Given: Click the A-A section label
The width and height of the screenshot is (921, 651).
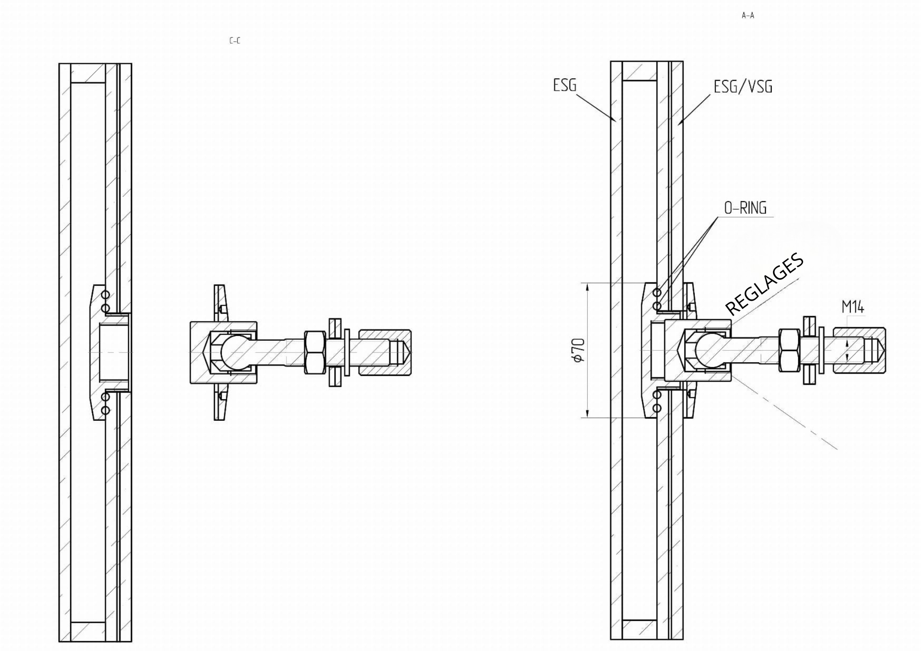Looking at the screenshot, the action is coord(748,16).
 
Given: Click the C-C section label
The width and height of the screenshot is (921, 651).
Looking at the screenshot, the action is coord(235,41).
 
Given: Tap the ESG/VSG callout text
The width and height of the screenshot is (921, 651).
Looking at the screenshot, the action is coord(743,86).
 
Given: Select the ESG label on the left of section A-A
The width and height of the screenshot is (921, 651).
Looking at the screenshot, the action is coord(565,85).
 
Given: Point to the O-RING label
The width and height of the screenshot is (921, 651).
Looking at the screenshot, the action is coord(745,208).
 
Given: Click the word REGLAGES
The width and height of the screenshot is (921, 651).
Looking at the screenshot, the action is coord(765,284).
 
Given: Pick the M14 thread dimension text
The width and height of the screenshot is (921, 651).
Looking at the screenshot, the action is coord(853,307).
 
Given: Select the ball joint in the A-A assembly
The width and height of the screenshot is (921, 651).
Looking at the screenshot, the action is coord(708,351).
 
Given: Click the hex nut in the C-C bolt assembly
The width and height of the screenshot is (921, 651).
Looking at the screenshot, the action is coord(315,352).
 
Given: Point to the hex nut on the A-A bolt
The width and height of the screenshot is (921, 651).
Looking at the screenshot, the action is coord(789,350).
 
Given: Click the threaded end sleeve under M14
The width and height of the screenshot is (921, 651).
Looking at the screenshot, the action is coord(859,350).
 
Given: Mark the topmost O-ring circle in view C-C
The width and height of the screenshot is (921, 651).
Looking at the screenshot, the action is coord(106,295).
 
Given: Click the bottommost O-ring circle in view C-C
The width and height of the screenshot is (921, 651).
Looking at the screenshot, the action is coord(106,410).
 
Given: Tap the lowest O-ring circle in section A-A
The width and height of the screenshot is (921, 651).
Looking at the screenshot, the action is coord(657,408).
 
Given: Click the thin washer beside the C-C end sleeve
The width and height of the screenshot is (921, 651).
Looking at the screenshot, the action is coord(347,352).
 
